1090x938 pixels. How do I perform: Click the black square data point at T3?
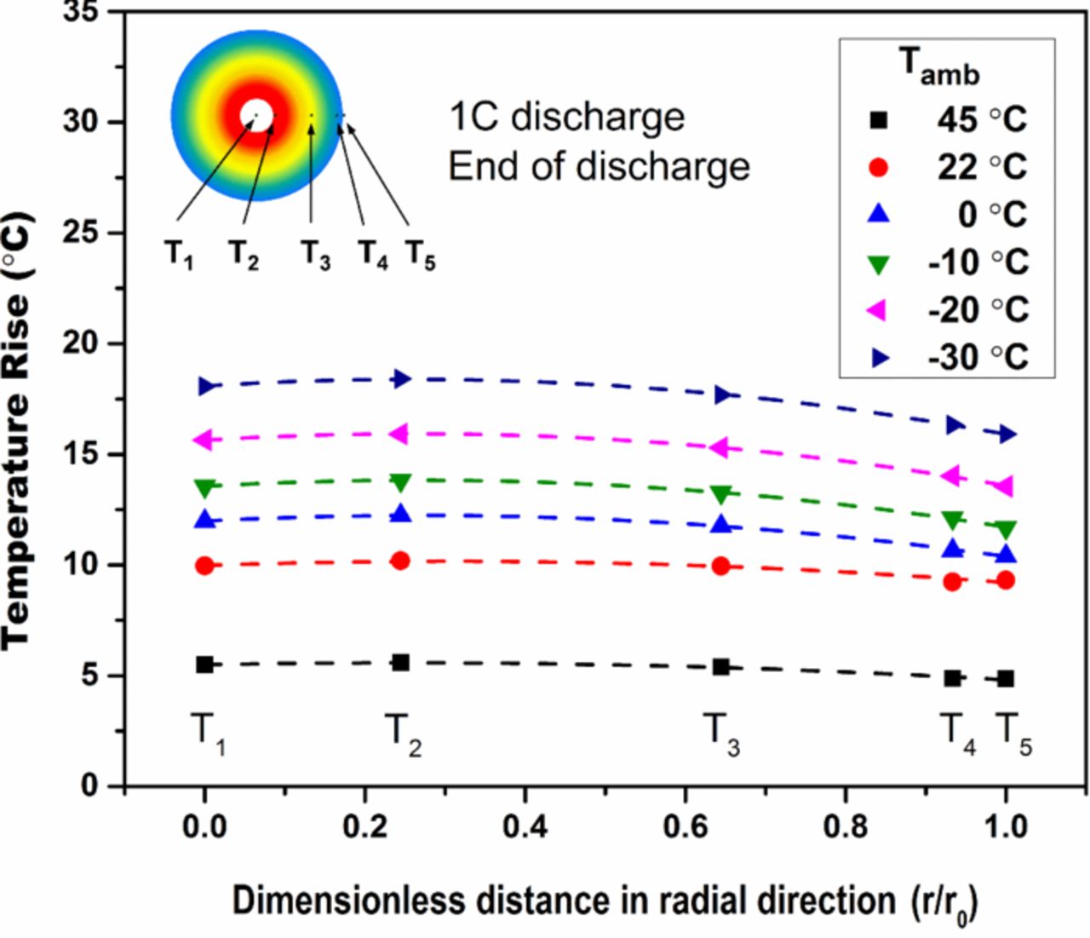720,667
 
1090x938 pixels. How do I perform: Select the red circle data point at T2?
400,561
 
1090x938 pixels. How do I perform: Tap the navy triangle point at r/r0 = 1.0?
1007,434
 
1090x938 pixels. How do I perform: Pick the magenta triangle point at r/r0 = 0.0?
204,440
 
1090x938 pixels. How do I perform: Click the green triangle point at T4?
953,520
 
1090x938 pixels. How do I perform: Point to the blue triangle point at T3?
721,524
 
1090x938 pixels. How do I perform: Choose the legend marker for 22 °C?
878,168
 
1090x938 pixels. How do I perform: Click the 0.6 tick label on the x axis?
686,826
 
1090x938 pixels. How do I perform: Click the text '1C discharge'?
566,117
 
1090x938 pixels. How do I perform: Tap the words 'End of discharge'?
599,166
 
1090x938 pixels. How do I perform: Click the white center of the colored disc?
256,115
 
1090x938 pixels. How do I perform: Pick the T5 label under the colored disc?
420,254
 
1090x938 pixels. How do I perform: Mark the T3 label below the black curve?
721,734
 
